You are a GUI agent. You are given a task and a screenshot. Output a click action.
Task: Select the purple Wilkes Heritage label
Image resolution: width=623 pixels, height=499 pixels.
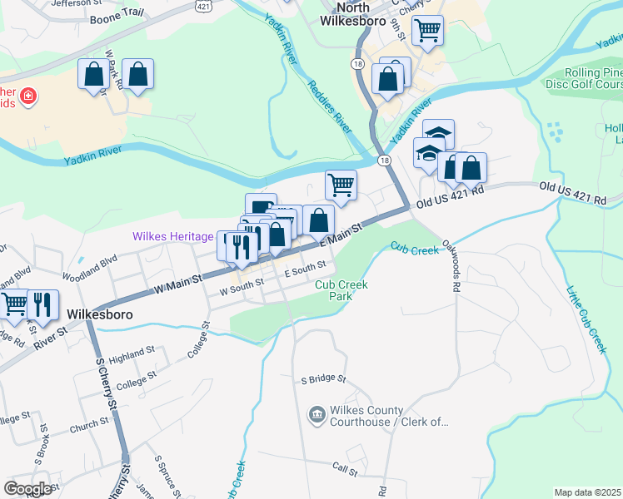[x=172, y=237]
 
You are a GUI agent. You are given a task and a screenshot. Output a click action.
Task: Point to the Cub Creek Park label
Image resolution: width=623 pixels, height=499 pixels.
[x=341, y=290]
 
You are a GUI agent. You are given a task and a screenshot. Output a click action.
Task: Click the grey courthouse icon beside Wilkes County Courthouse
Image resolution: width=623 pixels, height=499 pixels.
[x=316, y=414]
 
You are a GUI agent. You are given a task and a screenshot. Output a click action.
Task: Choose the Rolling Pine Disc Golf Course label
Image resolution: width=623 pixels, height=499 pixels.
[x=584, y=78]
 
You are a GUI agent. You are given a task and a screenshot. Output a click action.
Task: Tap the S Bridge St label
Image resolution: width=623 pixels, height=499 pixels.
[x=323, y=379]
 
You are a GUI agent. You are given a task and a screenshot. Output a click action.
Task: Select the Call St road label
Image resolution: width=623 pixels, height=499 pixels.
[x=344, y=472]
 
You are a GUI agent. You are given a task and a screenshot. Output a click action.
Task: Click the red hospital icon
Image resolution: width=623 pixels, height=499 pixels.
[x=28, y=97]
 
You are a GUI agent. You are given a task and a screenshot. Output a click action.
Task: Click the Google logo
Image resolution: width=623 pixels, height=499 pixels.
[x=27, y=489]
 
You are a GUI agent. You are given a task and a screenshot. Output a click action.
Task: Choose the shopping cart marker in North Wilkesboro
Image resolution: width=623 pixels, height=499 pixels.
[x=427, y=30]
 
